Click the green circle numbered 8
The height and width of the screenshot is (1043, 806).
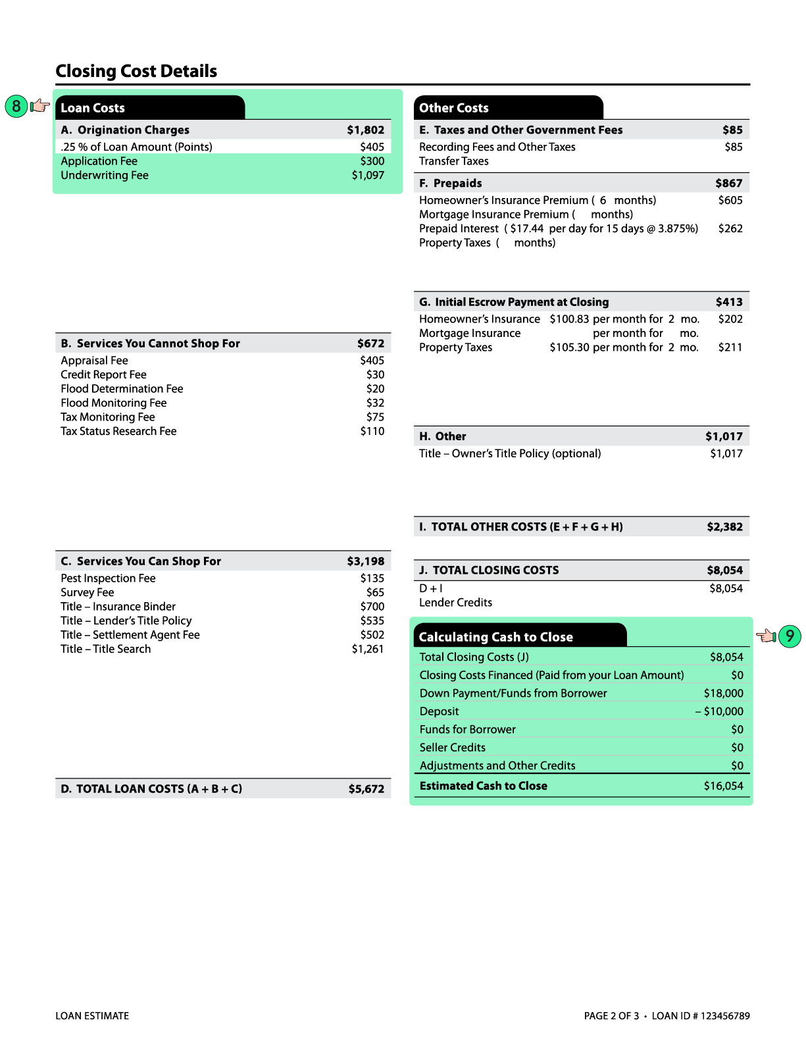[x=16, y=106]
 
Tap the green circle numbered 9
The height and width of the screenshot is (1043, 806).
[x=790, y=636]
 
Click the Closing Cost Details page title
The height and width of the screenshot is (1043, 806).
[x=136, y=71]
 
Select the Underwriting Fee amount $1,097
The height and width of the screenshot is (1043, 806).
[x=368, y=175]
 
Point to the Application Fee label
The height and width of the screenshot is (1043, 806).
[x=99, y=161]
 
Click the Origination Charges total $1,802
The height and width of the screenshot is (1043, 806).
[x=365, y=130]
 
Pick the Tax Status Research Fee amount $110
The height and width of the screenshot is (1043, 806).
[x=372, y=431]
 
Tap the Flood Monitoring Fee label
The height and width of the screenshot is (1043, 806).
[x=113, y=403]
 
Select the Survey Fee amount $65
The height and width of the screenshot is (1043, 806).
[x=375, y=592]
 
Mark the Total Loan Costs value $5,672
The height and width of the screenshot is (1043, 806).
[x=366, y=788]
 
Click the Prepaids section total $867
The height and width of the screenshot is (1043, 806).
[x=728, y=184]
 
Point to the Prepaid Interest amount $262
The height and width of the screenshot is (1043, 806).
[x=730, y=228]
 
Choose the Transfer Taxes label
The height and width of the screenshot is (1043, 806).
[x=453, y=161]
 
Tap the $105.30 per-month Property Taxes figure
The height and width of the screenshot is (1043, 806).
[x=569, y=347]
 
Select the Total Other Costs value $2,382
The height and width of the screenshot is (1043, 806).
[x=724, y=526]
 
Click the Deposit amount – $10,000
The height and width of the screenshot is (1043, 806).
[x=719, y=711]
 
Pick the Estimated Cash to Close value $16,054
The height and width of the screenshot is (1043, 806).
[x=723, y=786]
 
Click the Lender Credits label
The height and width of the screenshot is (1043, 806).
[x=455, y=603]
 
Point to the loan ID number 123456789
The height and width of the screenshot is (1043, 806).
[x=725, y=1016]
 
